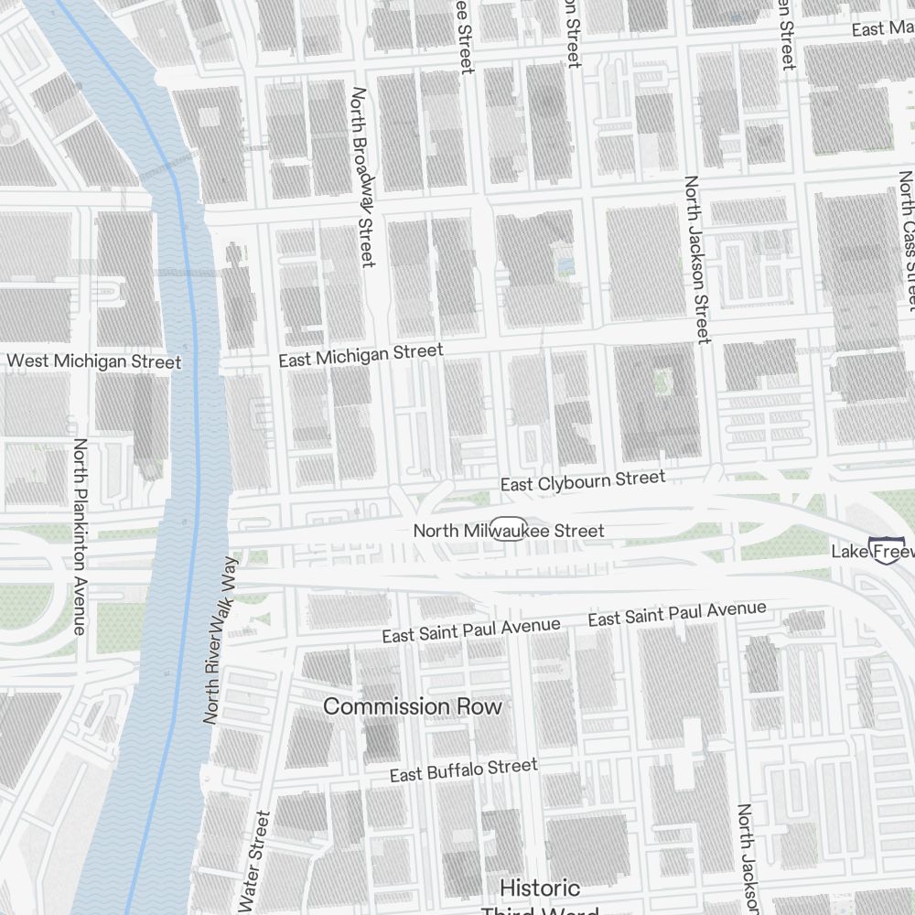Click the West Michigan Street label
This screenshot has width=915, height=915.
click(93, 361)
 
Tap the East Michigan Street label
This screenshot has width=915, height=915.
click(361, 355)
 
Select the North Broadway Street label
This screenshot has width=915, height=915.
click(363, 178)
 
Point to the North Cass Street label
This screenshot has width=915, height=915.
click(907, 240)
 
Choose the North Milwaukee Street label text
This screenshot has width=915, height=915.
click(509, 531)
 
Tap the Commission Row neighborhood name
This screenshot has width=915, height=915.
click(413, 707)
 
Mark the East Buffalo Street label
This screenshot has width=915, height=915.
click(464, 770)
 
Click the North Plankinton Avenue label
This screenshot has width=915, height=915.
click(80, 536)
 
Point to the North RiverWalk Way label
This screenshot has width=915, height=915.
click(220, 640)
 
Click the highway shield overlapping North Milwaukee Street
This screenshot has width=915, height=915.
click(510, 531)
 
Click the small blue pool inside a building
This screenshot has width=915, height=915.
click(565, 265)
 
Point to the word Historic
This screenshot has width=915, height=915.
click(540, 888)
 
